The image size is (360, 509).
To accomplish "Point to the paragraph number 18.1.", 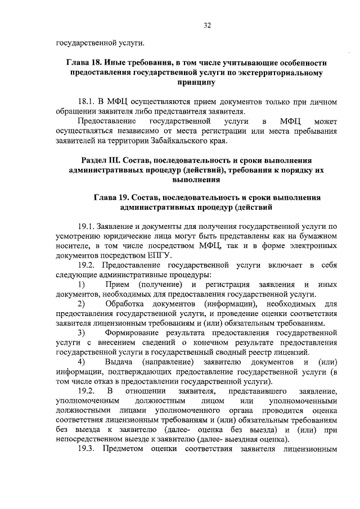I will click(x=86, y=102).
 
